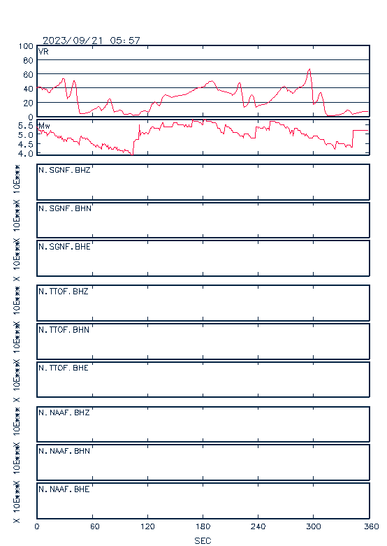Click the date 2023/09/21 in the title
[x=73, y=41]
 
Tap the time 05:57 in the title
[x=125, y=41]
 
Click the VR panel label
[x=43, y=52]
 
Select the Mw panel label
[x=44, y=126]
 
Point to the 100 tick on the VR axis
[x=26, y=46]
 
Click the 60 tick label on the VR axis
[x=28, y=75]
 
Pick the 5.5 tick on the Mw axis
[x=26, y=125]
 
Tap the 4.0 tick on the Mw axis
[x=26, y=154]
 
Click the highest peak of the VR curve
[x=309, y=69]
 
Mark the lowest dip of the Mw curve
[x=132, y=155]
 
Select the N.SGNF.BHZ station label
[x=64, y=170]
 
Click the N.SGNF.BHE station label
[x=64, y=247]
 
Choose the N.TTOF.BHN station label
[x=64, y=329]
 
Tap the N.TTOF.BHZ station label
[x=64, y=291]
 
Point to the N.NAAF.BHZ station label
[x=64, y=412]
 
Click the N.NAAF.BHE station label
[x=64, y=489]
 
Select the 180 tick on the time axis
[x=203, y=526]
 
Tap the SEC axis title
[x=203, y=540]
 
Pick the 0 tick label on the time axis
[x=37, y=526]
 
